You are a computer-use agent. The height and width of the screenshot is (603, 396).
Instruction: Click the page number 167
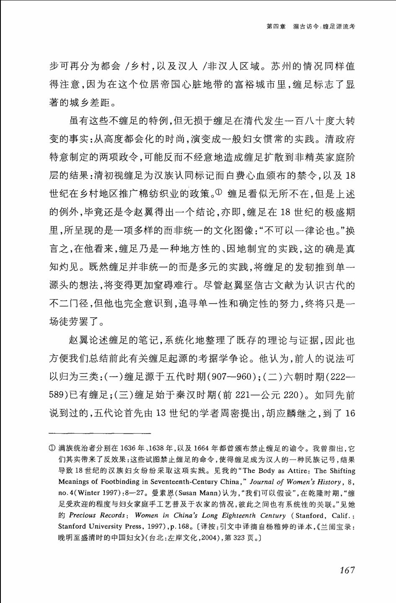347,570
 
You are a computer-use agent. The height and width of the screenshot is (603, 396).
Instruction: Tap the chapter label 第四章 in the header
276,26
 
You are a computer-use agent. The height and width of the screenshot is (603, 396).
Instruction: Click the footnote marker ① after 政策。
218,193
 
